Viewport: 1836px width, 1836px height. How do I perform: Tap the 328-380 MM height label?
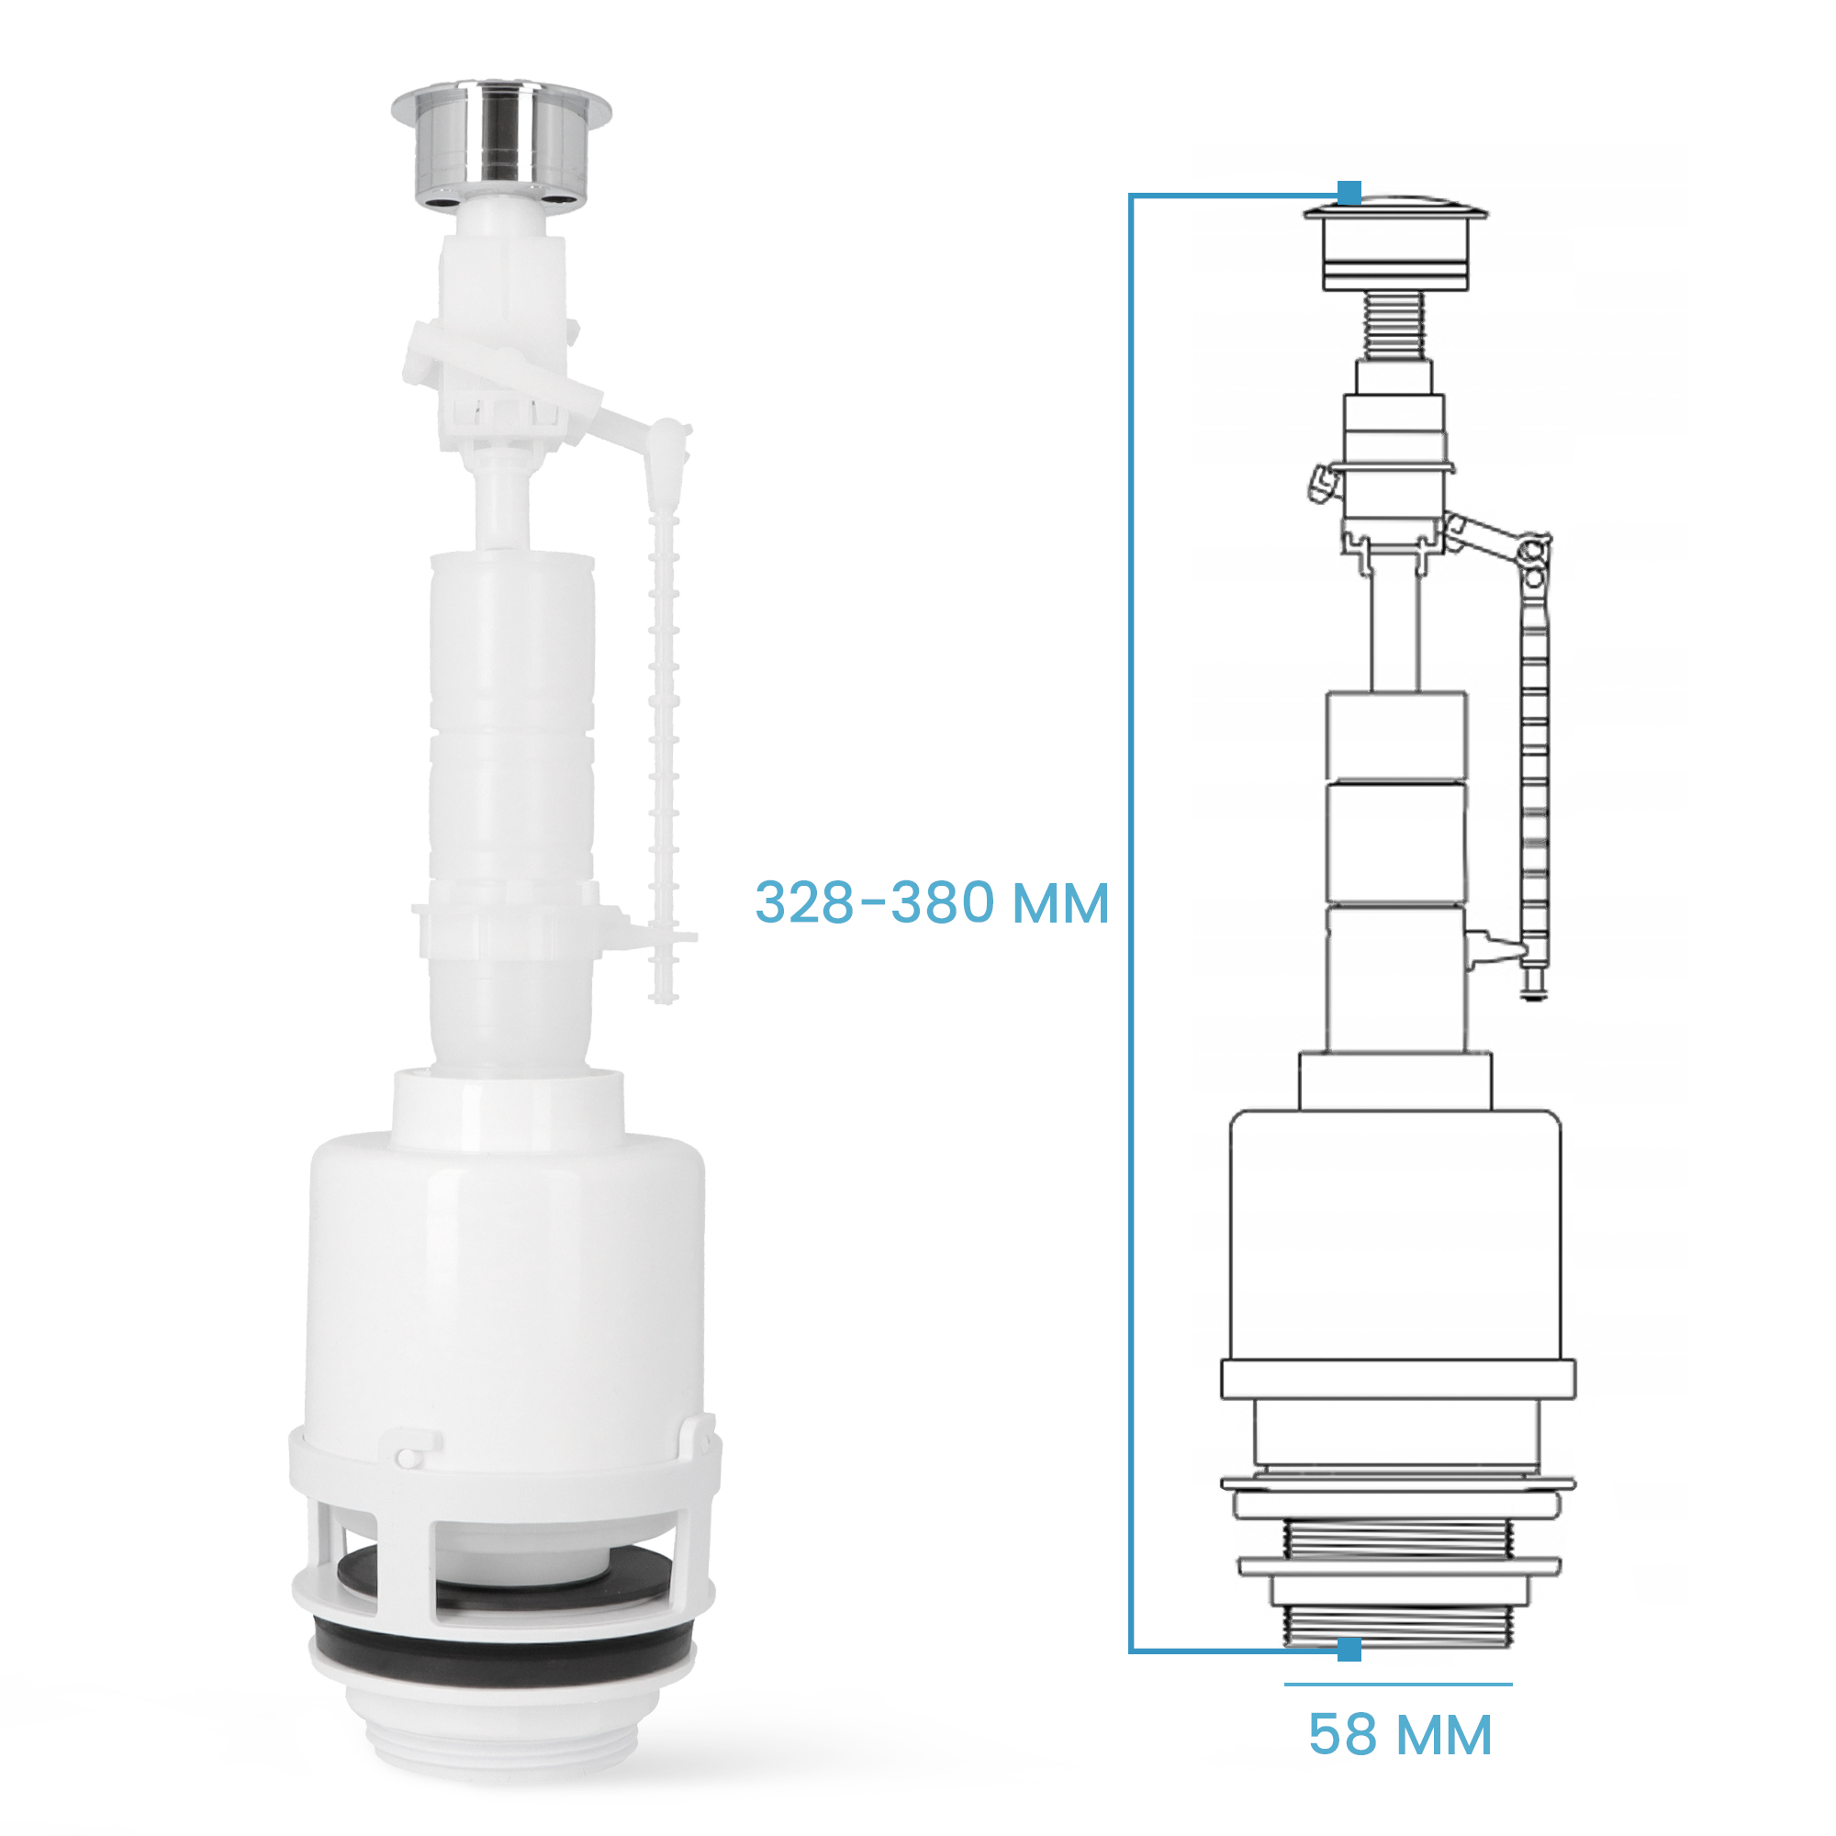pos(931,901)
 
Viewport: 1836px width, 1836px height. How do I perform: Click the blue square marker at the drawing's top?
pos(1349,193)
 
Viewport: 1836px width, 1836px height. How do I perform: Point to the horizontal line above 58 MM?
pos(1398,1685)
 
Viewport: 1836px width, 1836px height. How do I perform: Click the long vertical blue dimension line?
pos(1131,922)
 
